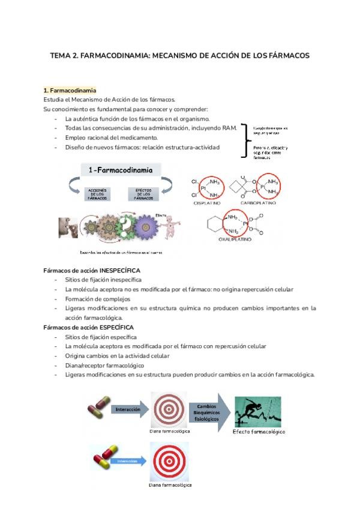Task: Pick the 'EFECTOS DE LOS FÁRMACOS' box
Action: point(143,194)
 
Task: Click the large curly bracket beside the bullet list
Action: point(244,139)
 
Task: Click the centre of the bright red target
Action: point(170,461)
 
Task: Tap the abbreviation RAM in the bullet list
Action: point(232,128)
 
